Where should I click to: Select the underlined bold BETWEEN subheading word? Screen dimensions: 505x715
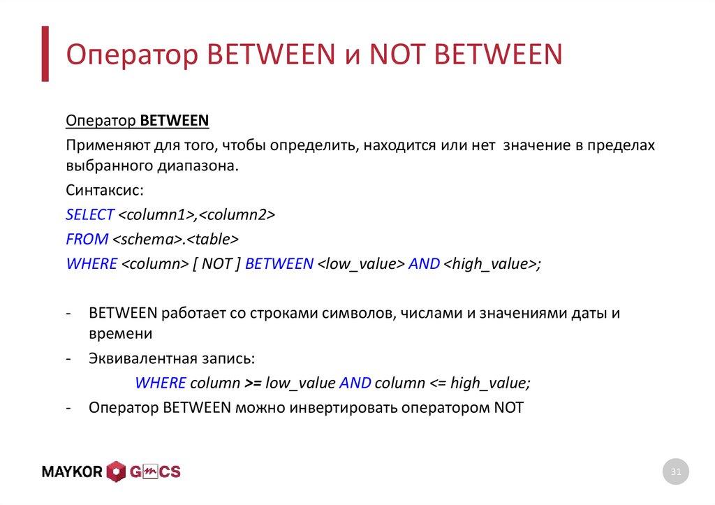point(175,120)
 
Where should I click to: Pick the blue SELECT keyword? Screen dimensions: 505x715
point(90,215)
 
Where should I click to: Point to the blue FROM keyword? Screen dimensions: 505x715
point(87,240)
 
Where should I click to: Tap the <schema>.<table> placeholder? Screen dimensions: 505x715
point(176,240)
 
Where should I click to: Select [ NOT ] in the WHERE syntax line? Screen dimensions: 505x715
point(216,264)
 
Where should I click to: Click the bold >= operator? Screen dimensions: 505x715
point(252,383)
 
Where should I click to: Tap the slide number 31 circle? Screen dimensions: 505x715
point(675,473)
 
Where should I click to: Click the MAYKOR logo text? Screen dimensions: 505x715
point(72,472)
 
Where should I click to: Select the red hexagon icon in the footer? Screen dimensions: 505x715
point(116,472)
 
